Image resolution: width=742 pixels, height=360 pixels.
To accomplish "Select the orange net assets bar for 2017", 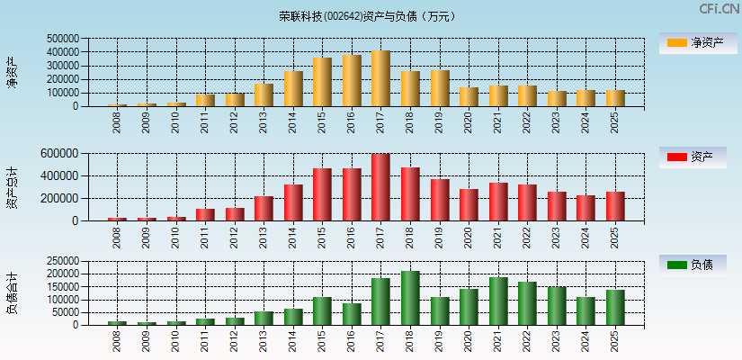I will (x=380, y=78).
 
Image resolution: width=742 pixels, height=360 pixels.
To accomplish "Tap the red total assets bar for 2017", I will (x=380, y=187).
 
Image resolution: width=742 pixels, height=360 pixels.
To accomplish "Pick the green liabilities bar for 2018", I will (x=410, y=298).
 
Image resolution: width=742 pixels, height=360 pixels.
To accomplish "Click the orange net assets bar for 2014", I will (x=293, y=88).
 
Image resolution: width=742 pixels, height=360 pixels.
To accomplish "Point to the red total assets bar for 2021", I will (x=498, y=202).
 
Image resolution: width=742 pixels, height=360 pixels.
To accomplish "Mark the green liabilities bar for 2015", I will (x=322, y=310).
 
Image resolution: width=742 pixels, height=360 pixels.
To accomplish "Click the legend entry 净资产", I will (x=692, y=42).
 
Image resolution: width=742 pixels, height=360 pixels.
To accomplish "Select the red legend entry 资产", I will (x=692, y=157).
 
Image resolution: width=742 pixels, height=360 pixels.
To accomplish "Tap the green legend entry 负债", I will (x=692, y=265).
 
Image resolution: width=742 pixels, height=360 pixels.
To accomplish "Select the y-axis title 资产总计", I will (x=12, y=188).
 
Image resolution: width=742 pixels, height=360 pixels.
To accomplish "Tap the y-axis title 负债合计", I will (x=12, y=293).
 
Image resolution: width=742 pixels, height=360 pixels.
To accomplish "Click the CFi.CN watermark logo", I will (x=719, y=9).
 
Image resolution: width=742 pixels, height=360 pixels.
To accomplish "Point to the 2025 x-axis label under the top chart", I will (x=615, y=122).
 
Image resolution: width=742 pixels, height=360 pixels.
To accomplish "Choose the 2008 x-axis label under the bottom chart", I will (x=118, y=341).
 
